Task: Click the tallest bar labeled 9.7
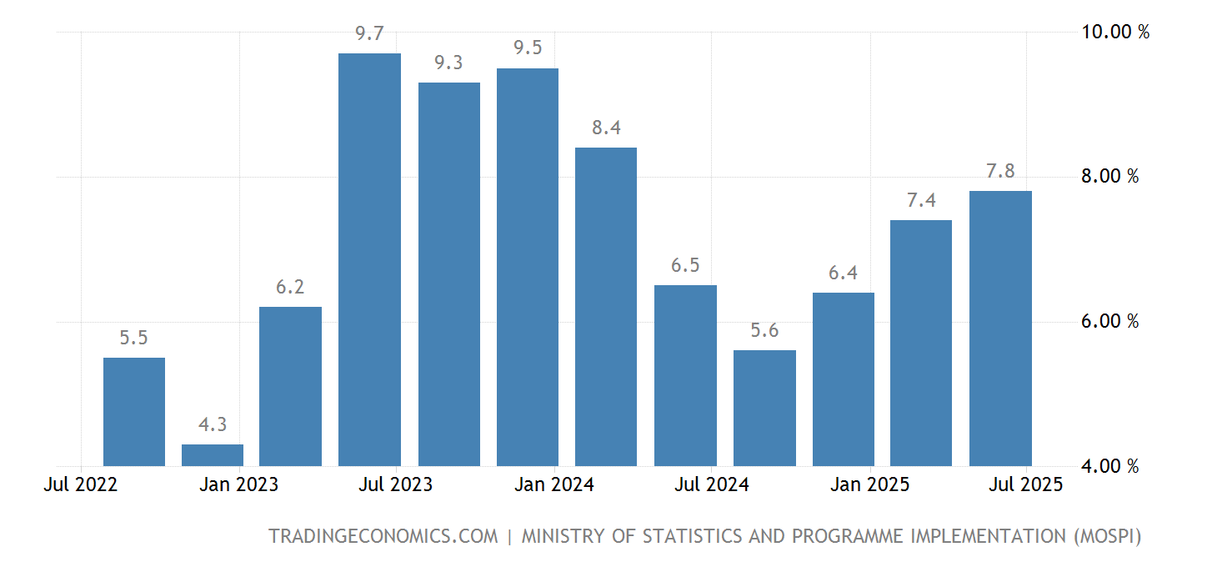pyautogui.click(x=369, y=259)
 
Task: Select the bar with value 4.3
pyautogui.click(x=213, y=455)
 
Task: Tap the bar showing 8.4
pyautogui.click(x=606, y=307)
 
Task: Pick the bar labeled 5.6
pyautogui.click(x=764, y=408)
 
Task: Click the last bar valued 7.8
pyautogui.click(x=1000, y=329)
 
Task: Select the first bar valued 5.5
pyautogui.click(x=134, y=412)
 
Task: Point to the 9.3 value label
pyautogui.click(x=448, y=63)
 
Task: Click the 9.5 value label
pyautogui.click(x=528, y=48)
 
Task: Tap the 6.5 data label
pyautogui.click(x=685, y=265)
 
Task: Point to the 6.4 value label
pyautogui.click(x=843, y=273)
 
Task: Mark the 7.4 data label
pyautogui.click(x=921, y=200)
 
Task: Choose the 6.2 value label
pyautogui.click(x=290, y=287)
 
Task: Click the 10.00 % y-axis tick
pyautogui.click(x=1115, y=33)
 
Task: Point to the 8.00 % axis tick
pyautogui.click(x=1109, y=177)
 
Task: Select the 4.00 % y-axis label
pyautogui.click(x=1109, y=466)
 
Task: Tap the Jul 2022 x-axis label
pyautogui.click(x=80, y=484)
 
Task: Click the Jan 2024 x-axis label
pyautogui.click(x=554, y=484)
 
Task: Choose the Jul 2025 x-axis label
pyautogui.click(x=1026, y=484)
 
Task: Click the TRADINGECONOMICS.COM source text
pyautogui.click(x=383, y=536)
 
